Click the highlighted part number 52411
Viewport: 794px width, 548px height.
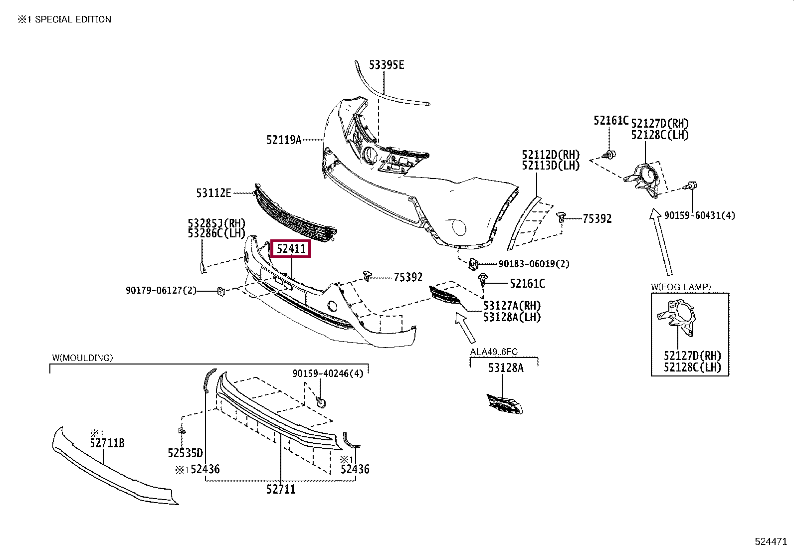click(291, 248)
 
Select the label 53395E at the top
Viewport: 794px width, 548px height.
click(387, 65)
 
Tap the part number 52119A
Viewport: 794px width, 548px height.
click(284, 140)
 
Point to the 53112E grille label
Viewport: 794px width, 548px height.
click(213, 192)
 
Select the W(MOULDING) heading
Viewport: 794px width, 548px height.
click(83, 358)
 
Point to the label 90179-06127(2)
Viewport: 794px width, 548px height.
click(161, 290)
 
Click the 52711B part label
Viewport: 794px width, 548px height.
click(107, 443)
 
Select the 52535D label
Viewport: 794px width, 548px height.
click(186, 453)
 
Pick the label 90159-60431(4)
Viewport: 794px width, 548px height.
click(700, 215)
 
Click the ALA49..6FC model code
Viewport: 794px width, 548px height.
click(494, 352)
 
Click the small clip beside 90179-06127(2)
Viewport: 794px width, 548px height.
click(221, 291)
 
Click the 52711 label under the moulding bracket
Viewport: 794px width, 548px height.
click(281, 490)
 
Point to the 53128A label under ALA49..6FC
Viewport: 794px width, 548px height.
click(506, 368)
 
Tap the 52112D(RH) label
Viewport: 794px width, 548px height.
click(551, 154)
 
